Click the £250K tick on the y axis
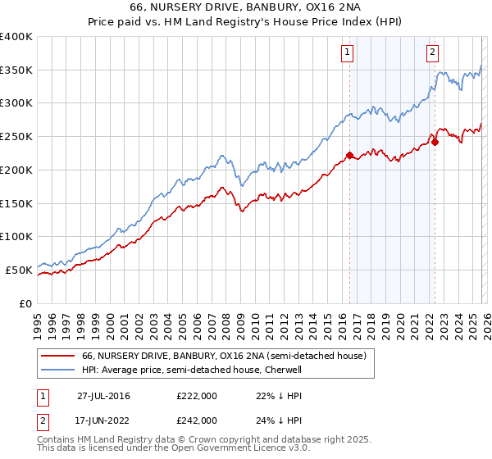[16, 137]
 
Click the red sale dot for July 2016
[349, 155]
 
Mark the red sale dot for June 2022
[435, 142]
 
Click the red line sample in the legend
[58, 356]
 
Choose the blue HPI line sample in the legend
[58, 370]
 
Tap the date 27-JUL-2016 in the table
[103, 396]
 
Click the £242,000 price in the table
[196, 420]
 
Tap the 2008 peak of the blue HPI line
[221, 154]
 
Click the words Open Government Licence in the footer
[180, 450]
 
